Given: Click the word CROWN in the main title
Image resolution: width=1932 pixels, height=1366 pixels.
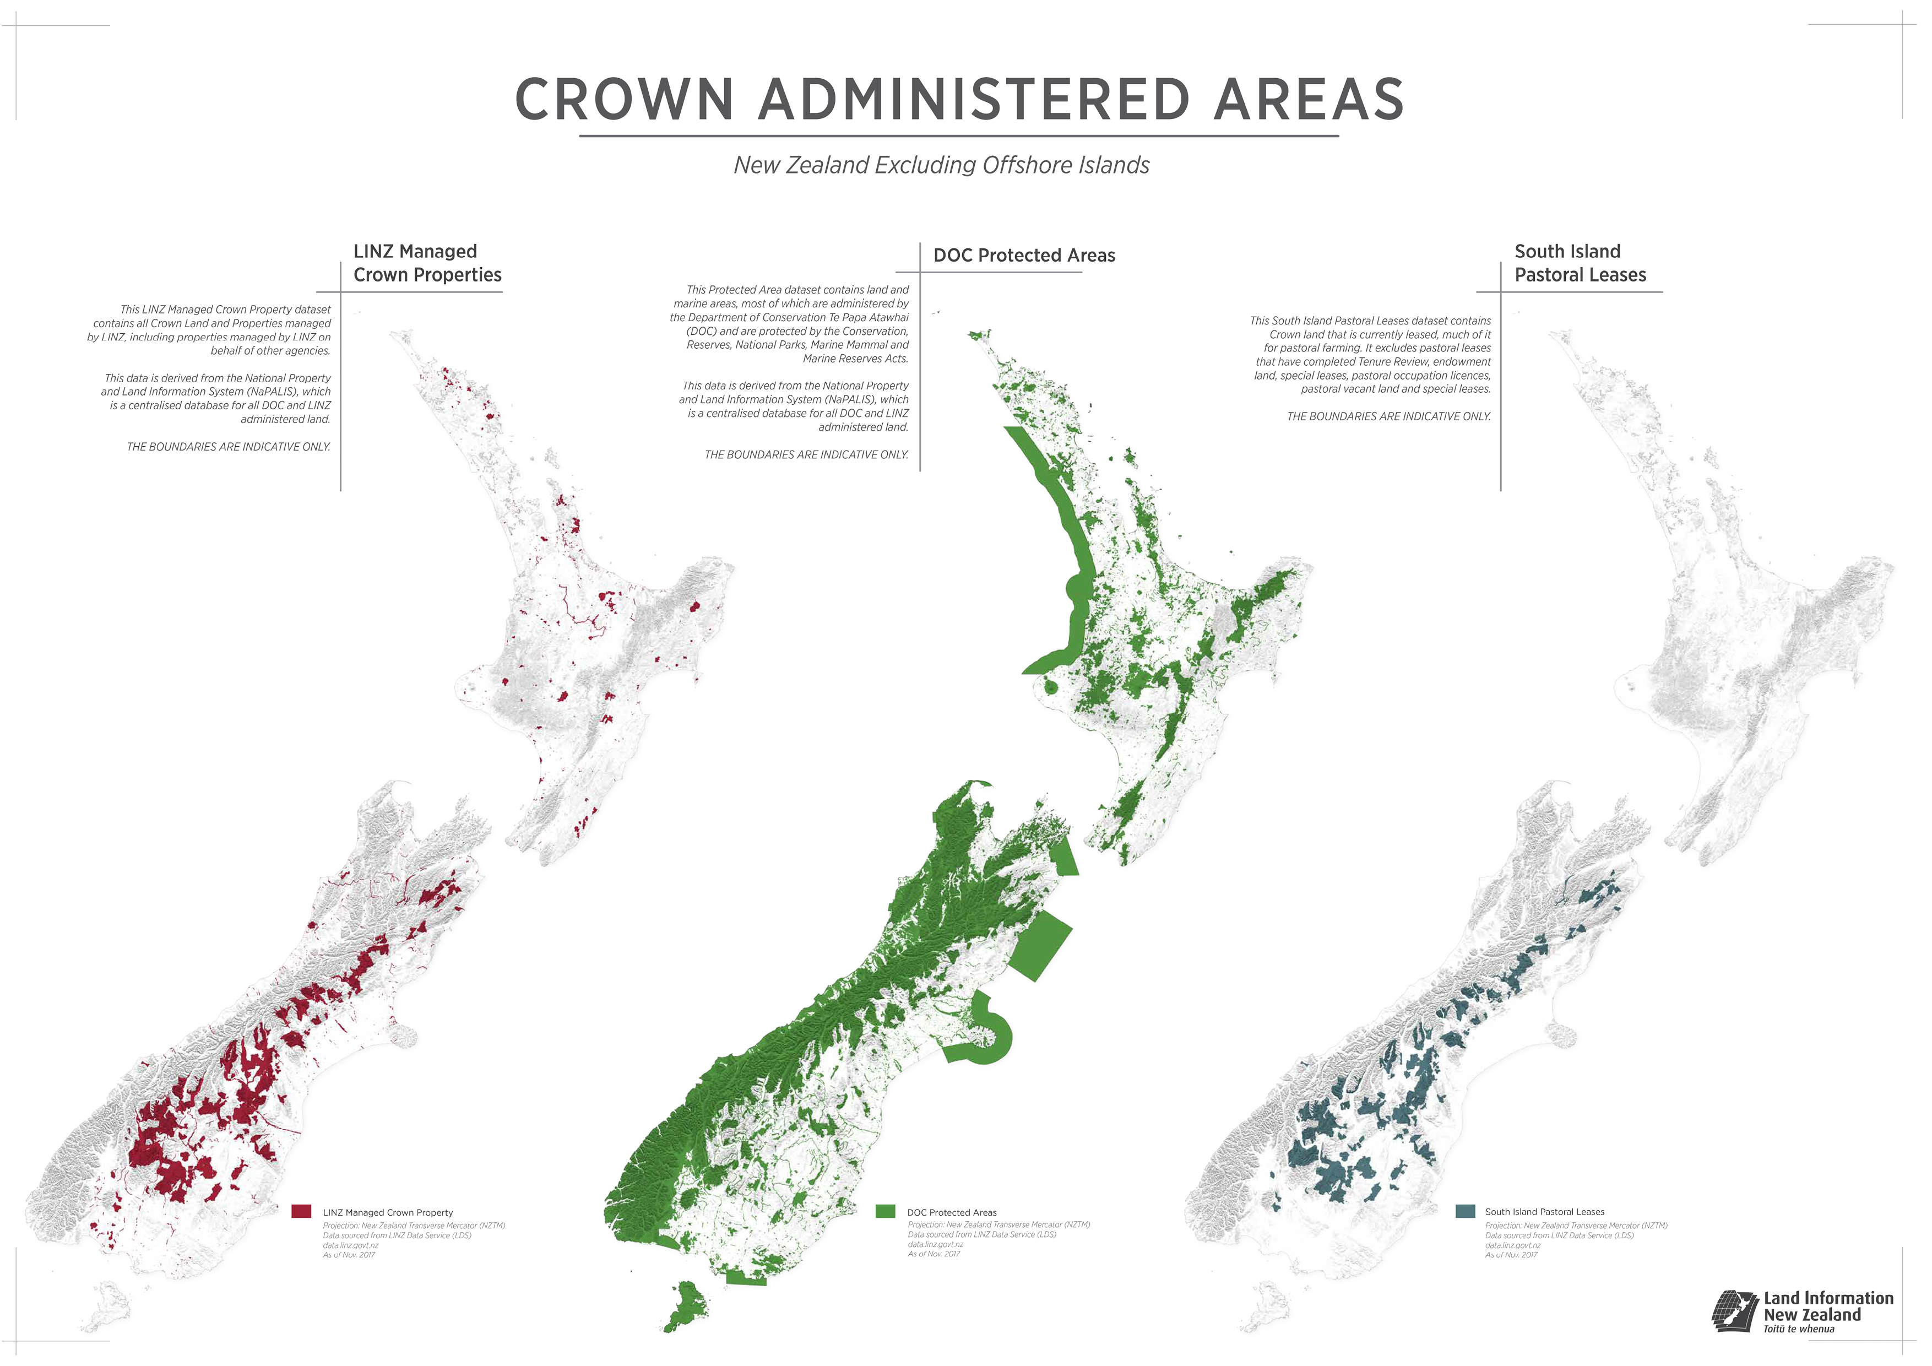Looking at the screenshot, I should (x=625, y=99).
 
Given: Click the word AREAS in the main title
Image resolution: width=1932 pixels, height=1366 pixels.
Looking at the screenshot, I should (x=1309, y=99).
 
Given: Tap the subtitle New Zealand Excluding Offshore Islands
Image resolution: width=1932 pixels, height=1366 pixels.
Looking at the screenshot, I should (x=941, y=165).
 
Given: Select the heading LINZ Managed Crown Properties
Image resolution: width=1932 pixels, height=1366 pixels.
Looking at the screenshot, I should (x=427, y=263).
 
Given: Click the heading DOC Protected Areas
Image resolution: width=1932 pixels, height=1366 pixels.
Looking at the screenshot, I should (x=1024, y=255).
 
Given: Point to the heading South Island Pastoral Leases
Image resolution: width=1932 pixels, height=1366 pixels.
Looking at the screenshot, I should (x=1580, y=263).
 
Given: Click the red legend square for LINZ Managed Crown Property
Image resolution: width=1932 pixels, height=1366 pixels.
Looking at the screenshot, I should (x=301, y=1211).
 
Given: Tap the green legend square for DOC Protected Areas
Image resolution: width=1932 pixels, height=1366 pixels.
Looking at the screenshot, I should (x=885, y=1211).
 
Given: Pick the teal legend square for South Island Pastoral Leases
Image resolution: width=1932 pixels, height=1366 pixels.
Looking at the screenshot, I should (x=1465, y=1211).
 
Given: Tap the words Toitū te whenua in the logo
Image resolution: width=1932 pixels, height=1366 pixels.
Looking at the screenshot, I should (x=1799, y=1329).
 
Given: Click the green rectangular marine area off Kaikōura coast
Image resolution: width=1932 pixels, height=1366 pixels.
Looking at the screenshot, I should (x=1041, y=944).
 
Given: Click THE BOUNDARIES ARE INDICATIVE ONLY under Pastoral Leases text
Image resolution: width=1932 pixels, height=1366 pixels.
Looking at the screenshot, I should (x=1388, y=416).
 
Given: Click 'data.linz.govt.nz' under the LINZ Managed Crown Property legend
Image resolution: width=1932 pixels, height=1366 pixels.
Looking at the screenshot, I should (x=350, y=1245).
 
